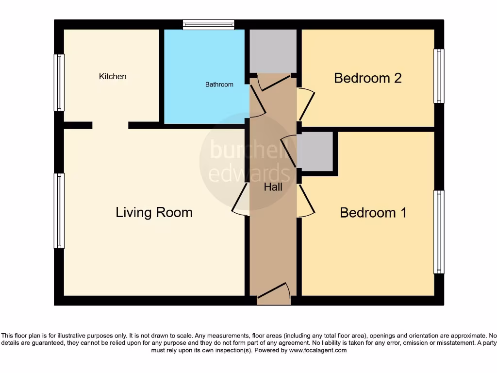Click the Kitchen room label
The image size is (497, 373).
point(113,76)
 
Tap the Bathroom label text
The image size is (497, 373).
point(219,85)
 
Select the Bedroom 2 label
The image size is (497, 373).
point(368,78)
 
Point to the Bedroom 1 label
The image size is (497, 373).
point(373,213)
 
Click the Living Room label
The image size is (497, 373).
point(154,212)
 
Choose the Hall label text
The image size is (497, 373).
point(273,187)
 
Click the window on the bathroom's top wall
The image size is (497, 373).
point(209,24)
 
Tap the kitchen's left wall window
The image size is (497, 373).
point(59,83)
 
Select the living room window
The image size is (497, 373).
point(59,211)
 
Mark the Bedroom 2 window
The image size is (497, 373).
point(439,76)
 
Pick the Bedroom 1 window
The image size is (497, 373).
point(439,232)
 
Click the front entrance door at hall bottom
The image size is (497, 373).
point(274,295)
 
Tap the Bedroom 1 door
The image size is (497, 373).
point(306,201)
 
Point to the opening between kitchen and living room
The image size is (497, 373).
point(110,125)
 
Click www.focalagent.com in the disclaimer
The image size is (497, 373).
point(318,350)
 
